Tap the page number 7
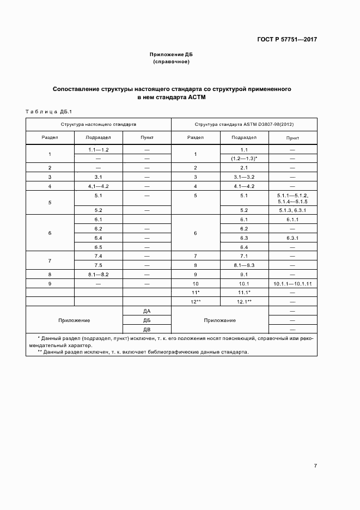[x=315, y=465]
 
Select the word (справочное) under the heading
[x=171, y=62]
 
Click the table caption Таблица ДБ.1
[x=49, y=112]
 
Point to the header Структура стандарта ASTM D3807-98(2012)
[x=244, y=125]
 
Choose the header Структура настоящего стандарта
[x=99, y=125]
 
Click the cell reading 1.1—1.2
[x=99, y=149]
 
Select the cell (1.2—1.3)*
[x=244, y=158]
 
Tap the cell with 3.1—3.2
[x=244, y=177]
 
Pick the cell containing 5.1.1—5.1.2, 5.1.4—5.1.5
[x=292, y=198]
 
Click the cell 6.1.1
[x=292, y=219]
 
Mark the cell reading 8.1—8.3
[x=244, y=265]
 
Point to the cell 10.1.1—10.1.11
[x=292, y=284]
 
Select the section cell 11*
[x=196, y=293]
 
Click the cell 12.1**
[x=244, y=301]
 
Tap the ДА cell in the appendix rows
[x=147, y=311]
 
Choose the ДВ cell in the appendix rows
[x=147, y=330]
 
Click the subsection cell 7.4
[x=99, y=256]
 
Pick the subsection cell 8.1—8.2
[x=99, y=275]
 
